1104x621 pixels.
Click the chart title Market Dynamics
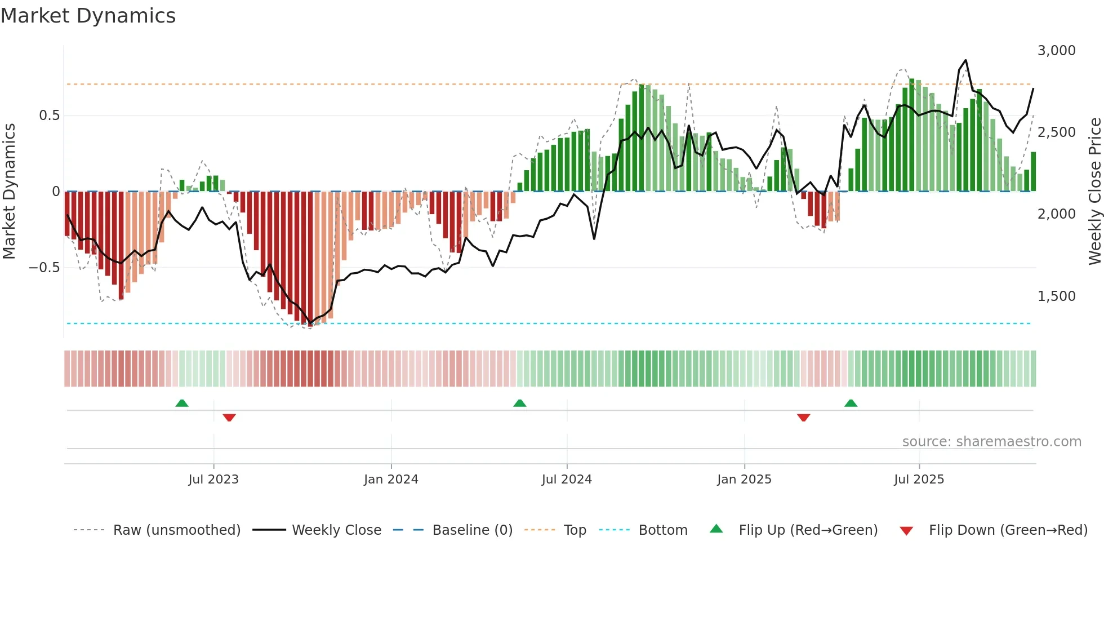88,16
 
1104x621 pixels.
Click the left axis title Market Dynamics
10,192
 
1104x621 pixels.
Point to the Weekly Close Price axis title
1094,192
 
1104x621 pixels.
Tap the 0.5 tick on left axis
49,116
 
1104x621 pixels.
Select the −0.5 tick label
44,268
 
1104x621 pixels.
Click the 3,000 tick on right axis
1056,51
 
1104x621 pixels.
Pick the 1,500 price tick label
1056,296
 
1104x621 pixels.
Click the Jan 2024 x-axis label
391,480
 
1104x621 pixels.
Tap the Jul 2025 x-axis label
919,480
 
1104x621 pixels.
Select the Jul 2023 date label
213,480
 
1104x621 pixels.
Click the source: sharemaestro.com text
991,442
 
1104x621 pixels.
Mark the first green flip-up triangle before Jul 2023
182,403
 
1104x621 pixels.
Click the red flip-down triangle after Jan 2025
804,418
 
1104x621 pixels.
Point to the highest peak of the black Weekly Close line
966,60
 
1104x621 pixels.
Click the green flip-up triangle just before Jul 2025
851,403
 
